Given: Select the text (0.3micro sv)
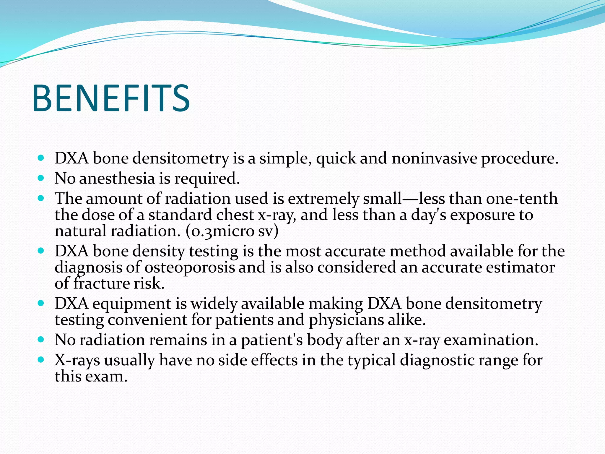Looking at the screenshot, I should point(232,231).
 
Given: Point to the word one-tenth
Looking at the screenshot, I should point(522,198).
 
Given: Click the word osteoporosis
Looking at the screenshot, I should point(189,267).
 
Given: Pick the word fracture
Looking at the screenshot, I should point(101,283).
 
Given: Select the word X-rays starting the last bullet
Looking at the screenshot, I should point(77,360).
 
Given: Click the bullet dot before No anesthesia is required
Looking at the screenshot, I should point(41,178).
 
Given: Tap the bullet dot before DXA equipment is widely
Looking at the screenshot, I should point(41,303).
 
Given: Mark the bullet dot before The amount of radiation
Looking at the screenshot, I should point(41,198).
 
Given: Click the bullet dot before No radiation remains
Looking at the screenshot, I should point(41,340).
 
